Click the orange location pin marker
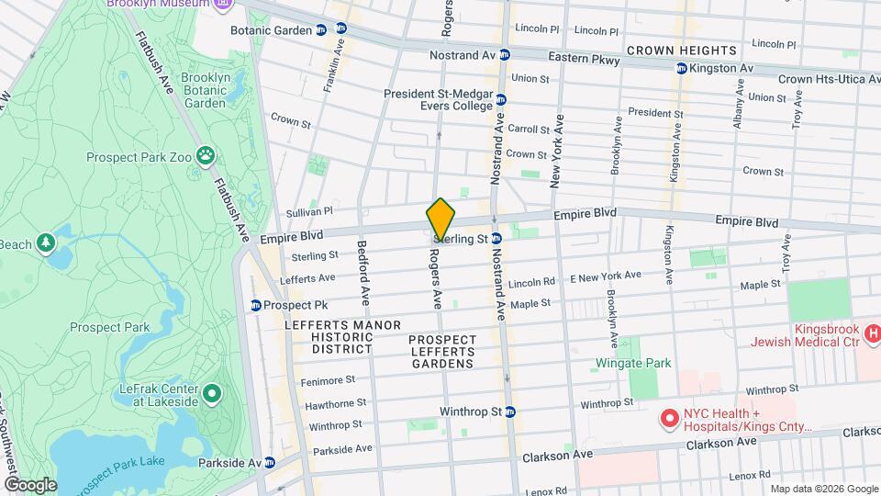[440, 220]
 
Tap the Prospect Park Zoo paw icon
[205, 157]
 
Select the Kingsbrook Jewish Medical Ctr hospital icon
[873, 333]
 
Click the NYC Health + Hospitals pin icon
[669, 419]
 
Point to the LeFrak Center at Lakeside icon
[212, 394]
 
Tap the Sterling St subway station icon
[496, 239]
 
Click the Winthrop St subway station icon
[510, 411]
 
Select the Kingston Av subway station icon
[681, 69]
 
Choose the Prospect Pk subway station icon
[256, 305]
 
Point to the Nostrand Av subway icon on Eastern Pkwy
[504, 55]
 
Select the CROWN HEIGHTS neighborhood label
[682, 50]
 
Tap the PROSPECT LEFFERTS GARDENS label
[442, 352]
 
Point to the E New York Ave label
[606, 276]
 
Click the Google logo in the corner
[30, 484]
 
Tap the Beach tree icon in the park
[43, 242]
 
